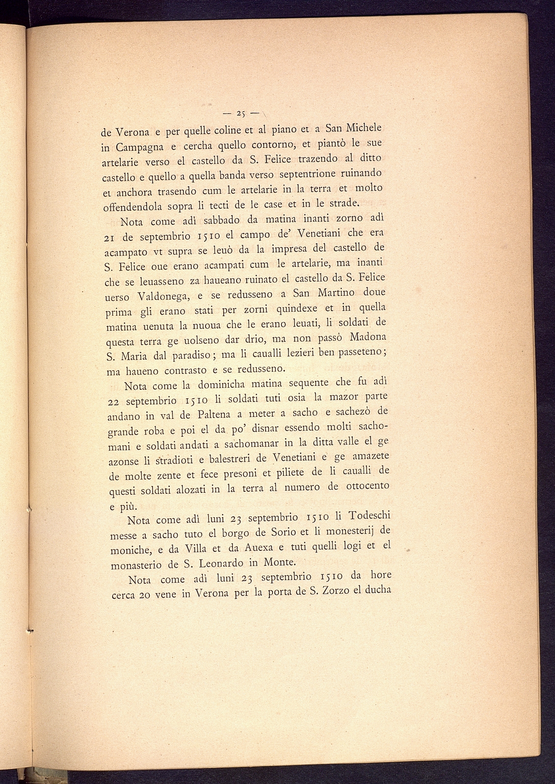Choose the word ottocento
(x=367, y=486)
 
